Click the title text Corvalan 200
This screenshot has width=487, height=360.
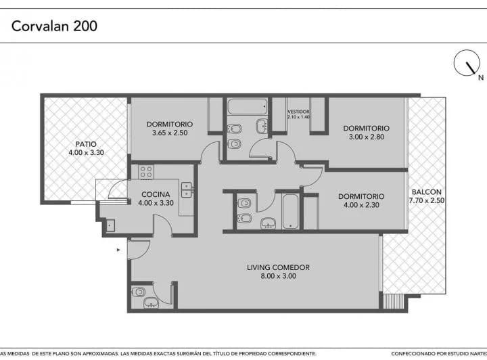click(54, 26)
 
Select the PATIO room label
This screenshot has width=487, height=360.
click(86, 144)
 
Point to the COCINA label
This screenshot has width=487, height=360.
click(155, 194)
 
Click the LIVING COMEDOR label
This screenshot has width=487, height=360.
click(278, 267)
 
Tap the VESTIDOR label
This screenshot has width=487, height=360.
click(298, 111)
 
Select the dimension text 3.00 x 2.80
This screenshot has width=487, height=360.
click(366, 137)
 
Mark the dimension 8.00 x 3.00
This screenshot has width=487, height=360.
click(278, 277)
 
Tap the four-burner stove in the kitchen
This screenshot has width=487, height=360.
click(146, 171)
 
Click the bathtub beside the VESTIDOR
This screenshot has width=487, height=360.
click(247, 106)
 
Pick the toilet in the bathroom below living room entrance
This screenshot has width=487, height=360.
click(140, 292)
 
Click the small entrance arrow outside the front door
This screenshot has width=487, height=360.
click(119, 250)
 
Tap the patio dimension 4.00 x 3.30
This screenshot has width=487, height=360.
click(86, 153)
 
